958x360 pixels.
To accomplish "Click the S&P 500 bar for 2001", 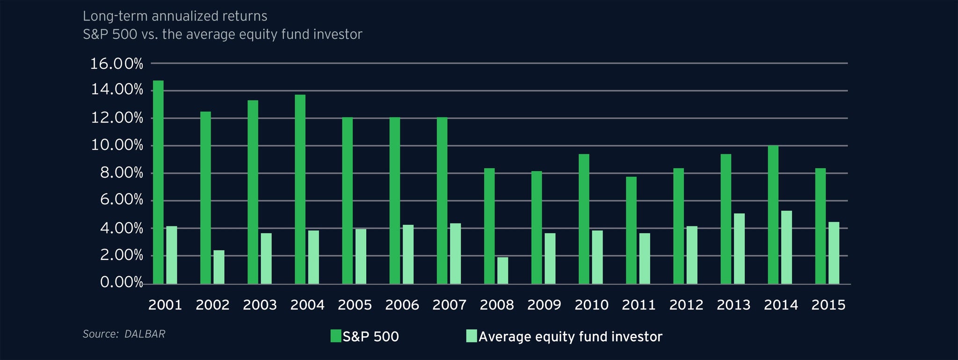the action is pos(158,182).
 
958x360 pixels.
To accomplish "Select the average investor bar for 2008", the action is pos(503,271).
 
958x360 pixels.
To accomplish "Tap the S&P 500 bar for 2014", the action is pos(773,215).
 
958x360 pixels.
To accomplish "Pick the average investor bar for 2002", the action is pos(219,267).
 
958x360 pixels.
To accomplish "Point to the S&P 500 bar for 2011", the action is pos(631,230).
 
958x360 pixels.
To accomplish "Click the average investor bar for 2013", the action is pos(739,249).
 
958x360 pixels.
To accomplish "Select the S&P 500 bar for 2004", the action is pos(300,189).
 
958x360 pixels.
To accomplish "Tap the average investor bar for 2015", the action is pos(834,253).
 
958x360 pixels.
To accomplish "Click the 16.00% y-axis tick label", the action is pos(116,64).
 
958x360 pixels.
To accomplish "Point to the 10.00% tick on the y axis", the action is pos(116,146).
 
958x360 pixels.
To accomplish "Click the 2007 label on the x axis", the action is pos(450,305).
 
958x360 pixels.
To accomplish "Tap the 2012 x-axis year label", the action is pos(686,305).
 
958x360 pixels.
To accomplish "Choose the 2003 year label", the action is pos(260,305).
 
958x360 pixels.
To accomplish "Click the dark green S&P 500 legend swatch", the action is pos(336,336).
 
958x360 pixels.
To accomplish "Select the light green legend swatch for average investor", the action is pos(472,336).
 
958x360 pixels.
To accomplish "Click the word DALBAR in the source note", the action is pos(145,334).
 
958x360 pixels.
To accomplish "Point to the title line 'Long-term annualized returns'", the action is pos(175,16).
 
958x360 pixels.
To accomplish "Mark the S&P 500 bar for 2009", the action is pos(537,228).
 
